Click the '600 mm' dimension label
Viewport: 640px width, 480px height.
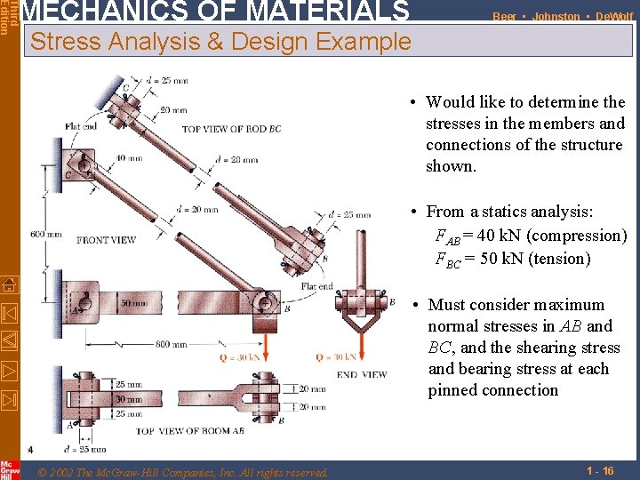point(44,235)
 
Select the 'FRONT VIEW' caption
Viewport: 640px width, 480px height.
point(106,240)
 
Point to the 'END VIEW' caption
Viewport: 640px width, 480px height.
point(362,374)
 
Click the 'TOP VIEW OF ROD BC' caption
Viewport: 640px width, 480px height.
point(231,130)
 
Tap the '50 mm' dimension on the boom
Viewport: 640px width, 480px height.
point(133,303)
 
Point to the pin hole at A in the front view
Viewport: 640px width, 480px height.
point(81,302)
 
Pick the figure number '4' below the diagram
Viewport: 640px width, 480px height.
point(30,448)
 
